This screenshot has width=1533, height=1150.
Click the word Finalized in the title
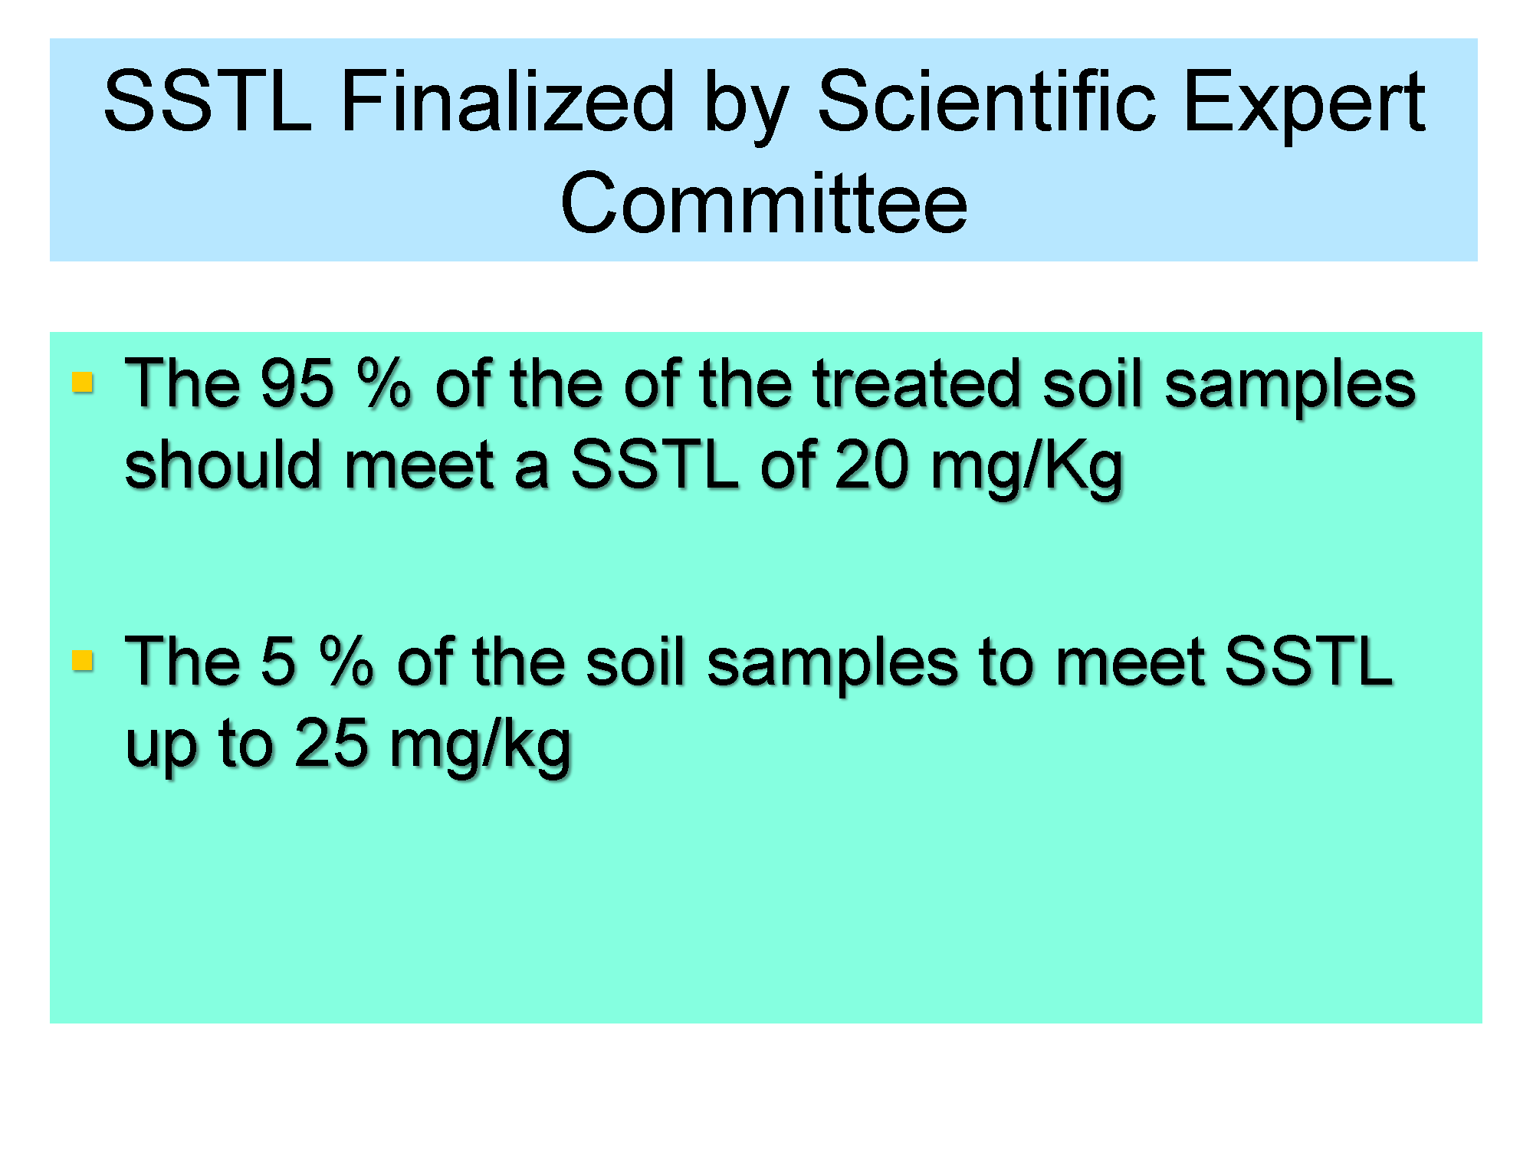(507, 101)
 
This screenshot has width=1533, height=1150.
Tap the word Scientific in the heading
(986, 101)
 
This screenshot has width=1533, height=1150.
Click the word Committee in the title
(764, 202)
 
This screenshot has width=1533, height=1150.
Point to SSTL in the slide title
(208, 101)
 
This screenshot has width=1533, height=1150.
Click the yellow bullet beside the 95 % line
(82, 382)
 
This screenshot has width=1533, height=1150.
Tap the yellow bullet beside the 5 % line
(82, 660)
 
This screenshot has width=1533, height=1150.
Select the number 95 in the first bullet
(297, 383)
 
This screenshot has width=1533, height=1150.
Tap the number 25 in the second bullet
(331, 744)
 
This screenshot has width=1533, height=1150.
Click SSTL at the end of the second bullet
(1308, 661)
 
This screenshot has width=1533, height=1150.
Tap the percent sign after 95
(385, 383)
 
